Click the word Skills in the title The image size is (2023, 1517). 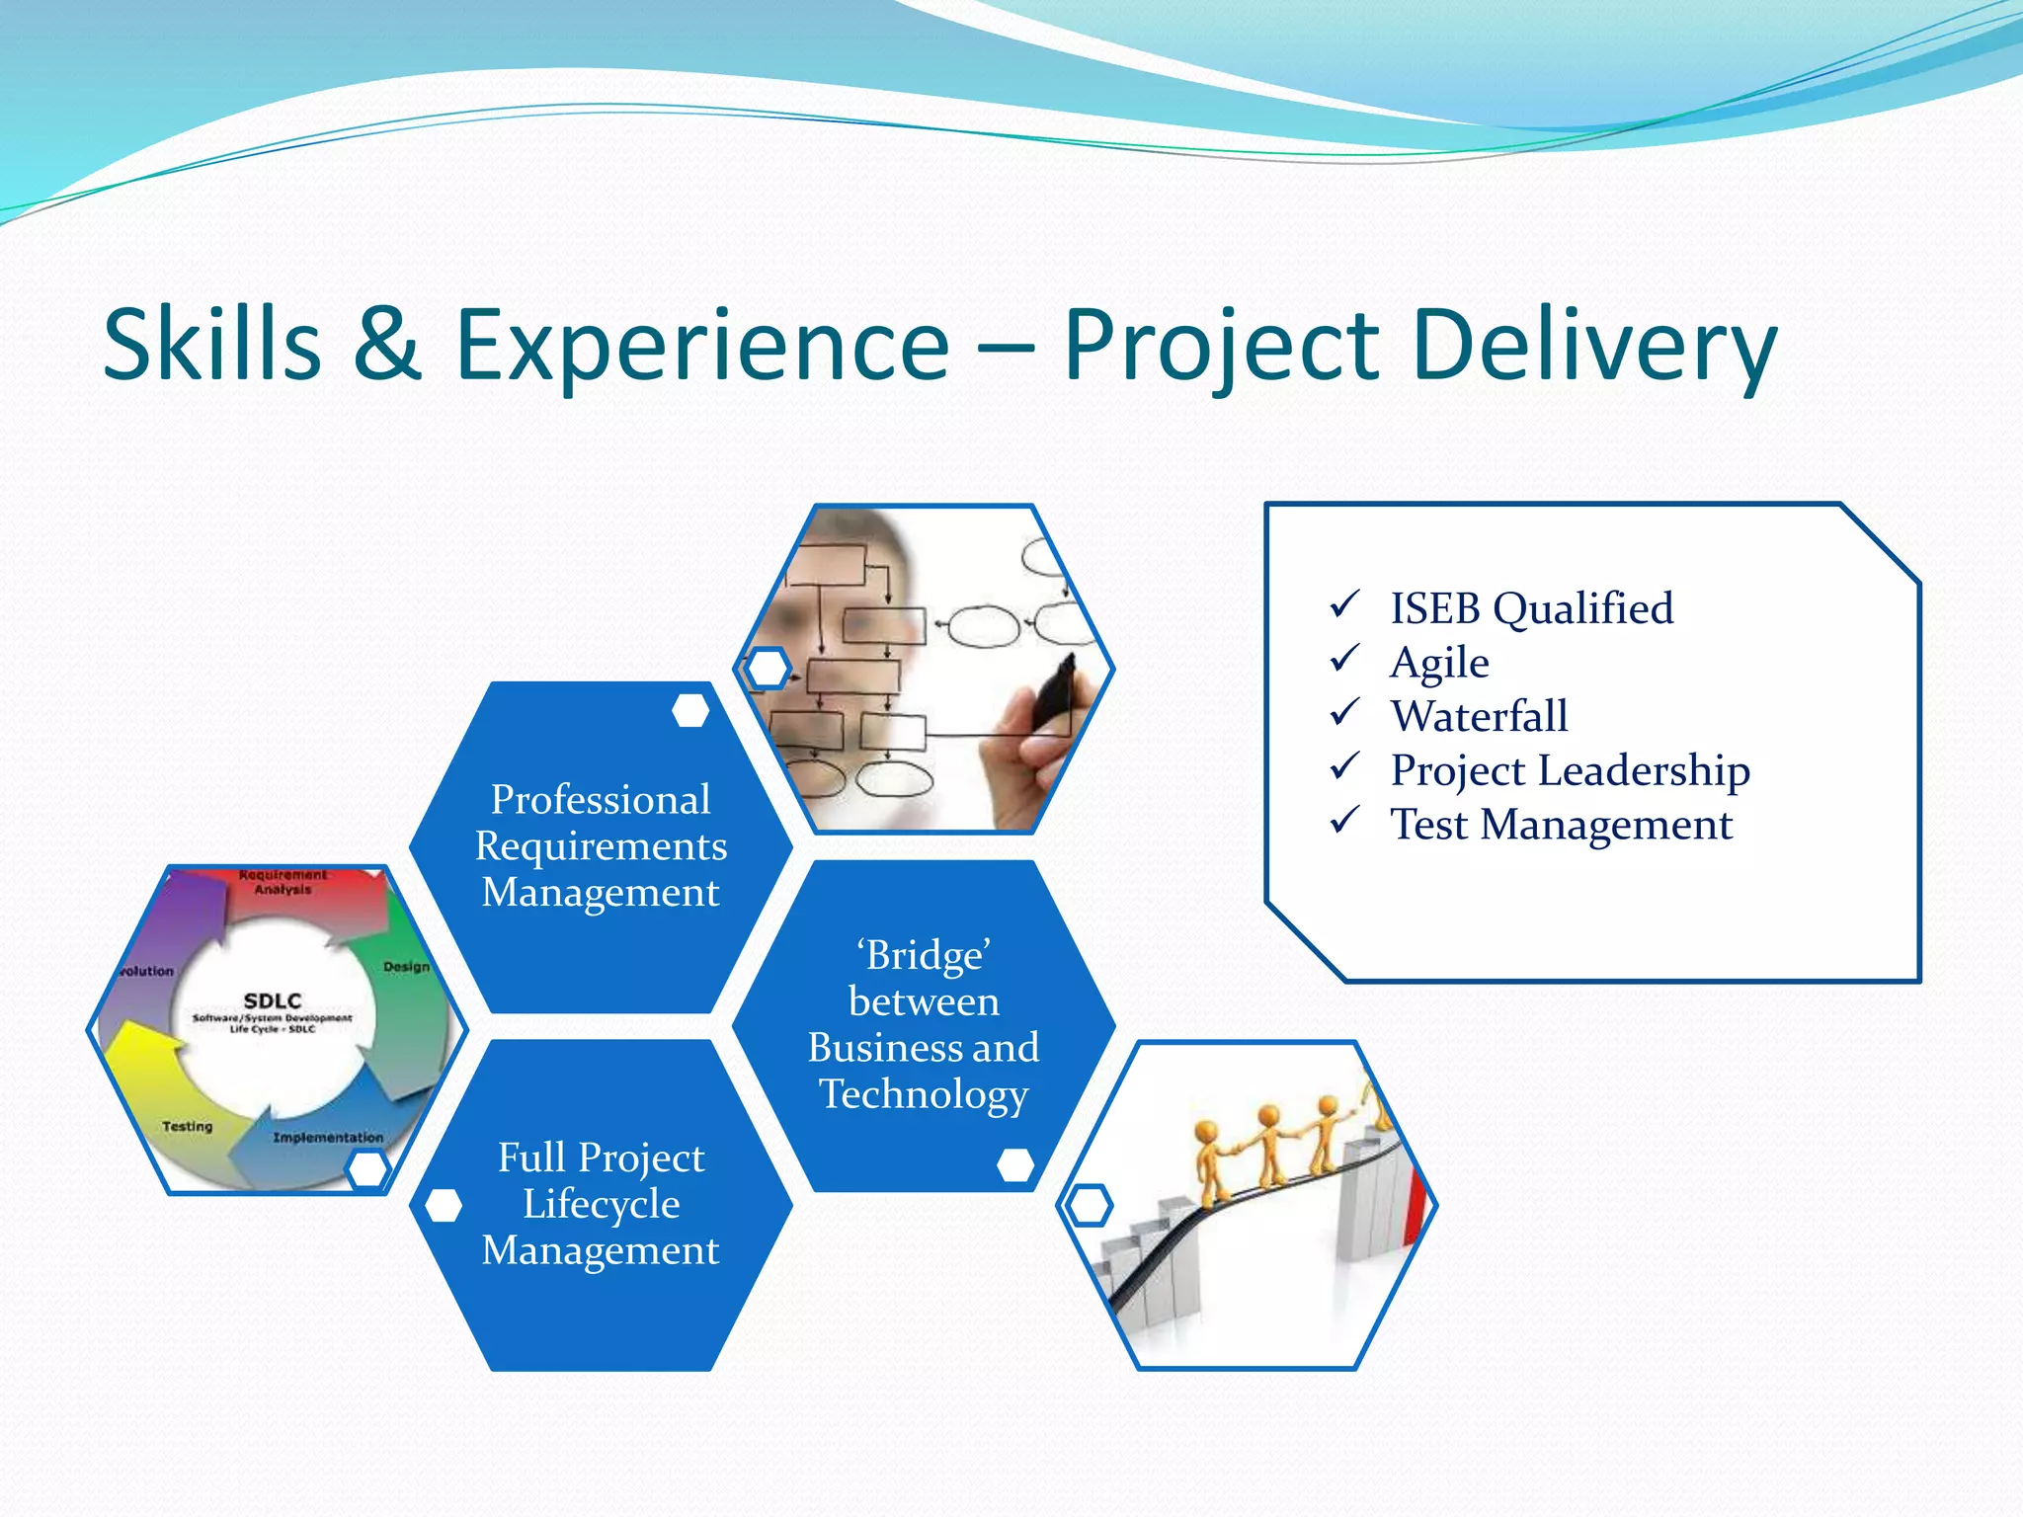(212, 345)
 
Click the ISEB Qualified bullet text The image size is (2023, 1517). (1531, 608)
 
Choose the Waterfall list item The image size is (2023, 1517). (1479, 716)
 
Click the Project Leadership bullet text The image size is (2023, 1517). (1570, 770)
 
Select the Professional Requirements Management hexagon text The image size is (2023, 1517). (601, 845)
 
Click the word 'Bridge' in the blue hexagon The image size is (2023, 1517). (924, 956)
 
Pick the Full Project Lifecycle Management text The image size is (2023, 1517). (601, 1203)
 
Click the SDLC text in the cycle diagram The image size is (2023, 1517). (272, 1000)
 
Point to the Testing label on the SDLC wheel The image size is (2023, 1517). (187, 1126)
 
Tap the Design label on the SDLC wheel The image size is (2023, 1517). (406, 966)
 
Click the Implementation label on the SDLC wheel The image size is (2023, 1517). (328, 1138)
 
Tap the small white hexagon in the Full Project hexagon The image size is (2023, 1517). (443, 1205)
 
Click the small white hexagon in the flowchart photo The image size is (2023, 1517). (768, 669)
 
